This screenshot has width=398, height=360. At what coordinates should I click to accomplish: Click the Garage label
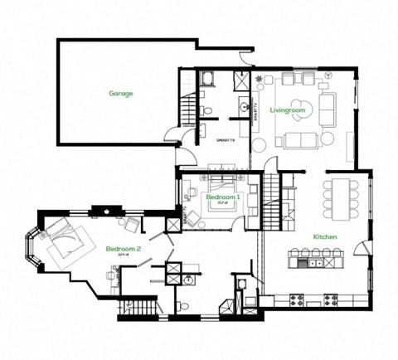(x=121, y=94)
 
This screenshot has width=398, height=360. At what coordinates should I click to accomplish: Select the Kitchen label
(x=324, y=236)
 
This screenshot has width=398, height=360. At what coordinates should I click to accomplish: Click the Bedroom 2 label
(x=123, y=249)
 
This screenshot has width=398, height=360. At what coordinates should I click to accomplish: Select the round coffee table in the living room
(x=296, y=115)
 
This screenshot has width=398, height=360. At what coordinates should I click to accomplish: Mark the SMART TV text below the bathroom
(x=226, y=142)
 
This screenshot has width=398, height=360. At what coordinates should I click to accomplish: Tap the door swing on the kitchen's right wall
(x=362, y=247)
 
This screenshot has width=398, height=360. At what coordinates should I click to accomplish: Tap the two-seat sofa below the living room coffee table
(x=298, y=140)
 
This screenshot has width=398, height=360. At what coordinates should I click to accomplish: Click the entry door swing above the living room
(x=245, y=58)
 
